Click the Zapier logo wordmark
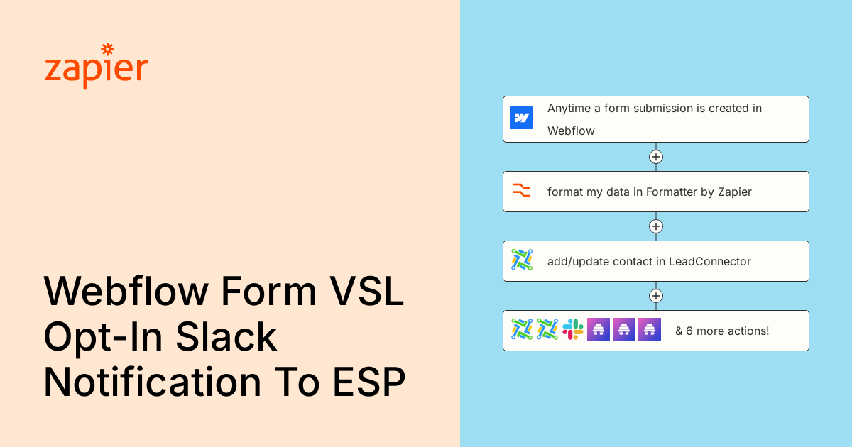tap(96, 67)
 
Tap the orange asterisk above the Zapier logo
tap(108, 50)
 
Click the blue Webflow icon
tap(521, 118)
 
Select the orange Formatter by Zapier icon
tap(521, 190)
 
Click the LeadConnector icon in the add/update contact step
tap(521, 260)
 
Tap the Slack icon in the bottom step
tap(573, 329)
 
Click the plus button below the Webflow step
tap(656, 157)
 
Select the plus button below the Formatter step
tap(656, 226)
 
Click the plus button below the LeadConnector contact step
tap(656, 296)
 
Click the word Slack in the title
tap(226, 337)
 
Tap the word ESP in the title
tap(369, 382)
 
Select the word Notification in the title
tap(153, 381)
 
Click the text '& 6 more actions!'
tap(722, 331)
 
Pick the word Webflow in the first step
tap(571, 131)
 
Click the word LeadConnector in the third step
tap(710, 262)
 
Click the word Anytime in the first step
tap(569, 109)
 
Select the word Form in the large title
tap(268, 291)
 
